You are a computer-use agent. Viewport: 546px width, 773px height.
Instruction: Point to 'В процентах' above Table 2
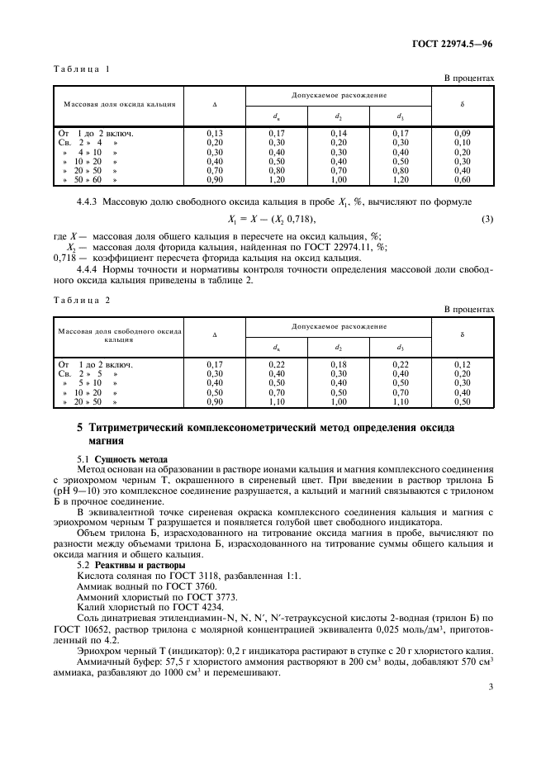click(469, 309)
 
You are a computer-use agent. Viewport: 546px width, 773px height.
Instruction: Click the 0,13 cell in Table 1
click(214, 132)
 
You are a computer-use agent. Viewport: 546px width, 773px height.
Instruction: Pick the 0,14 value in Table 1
click(339, 132)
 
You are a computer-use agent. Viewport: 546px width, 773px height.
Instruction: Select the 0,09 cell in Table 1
click(463, 132)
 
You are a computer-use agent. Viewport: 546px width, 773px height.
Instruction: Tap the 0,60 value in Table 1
click(463, 179)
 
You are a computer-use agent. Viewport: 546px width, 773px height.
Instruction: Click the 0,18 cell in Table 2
click(339, 363)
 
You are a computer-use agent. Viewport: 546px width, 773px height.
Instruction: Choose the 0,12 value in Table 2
click(463, 363)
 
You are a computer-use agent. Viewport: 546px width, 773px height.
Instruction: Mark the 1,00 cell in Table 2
click(339, 401)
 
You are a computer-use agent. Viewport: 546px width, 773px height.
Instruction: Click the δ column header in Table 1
click(463, 105)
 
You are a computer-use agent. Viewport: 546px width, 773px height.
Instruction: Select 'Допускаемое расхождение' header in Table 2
click(339, 326)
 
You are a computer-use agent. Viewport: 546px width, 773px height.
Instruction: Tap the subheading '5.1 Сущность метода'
click(122, 458)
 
